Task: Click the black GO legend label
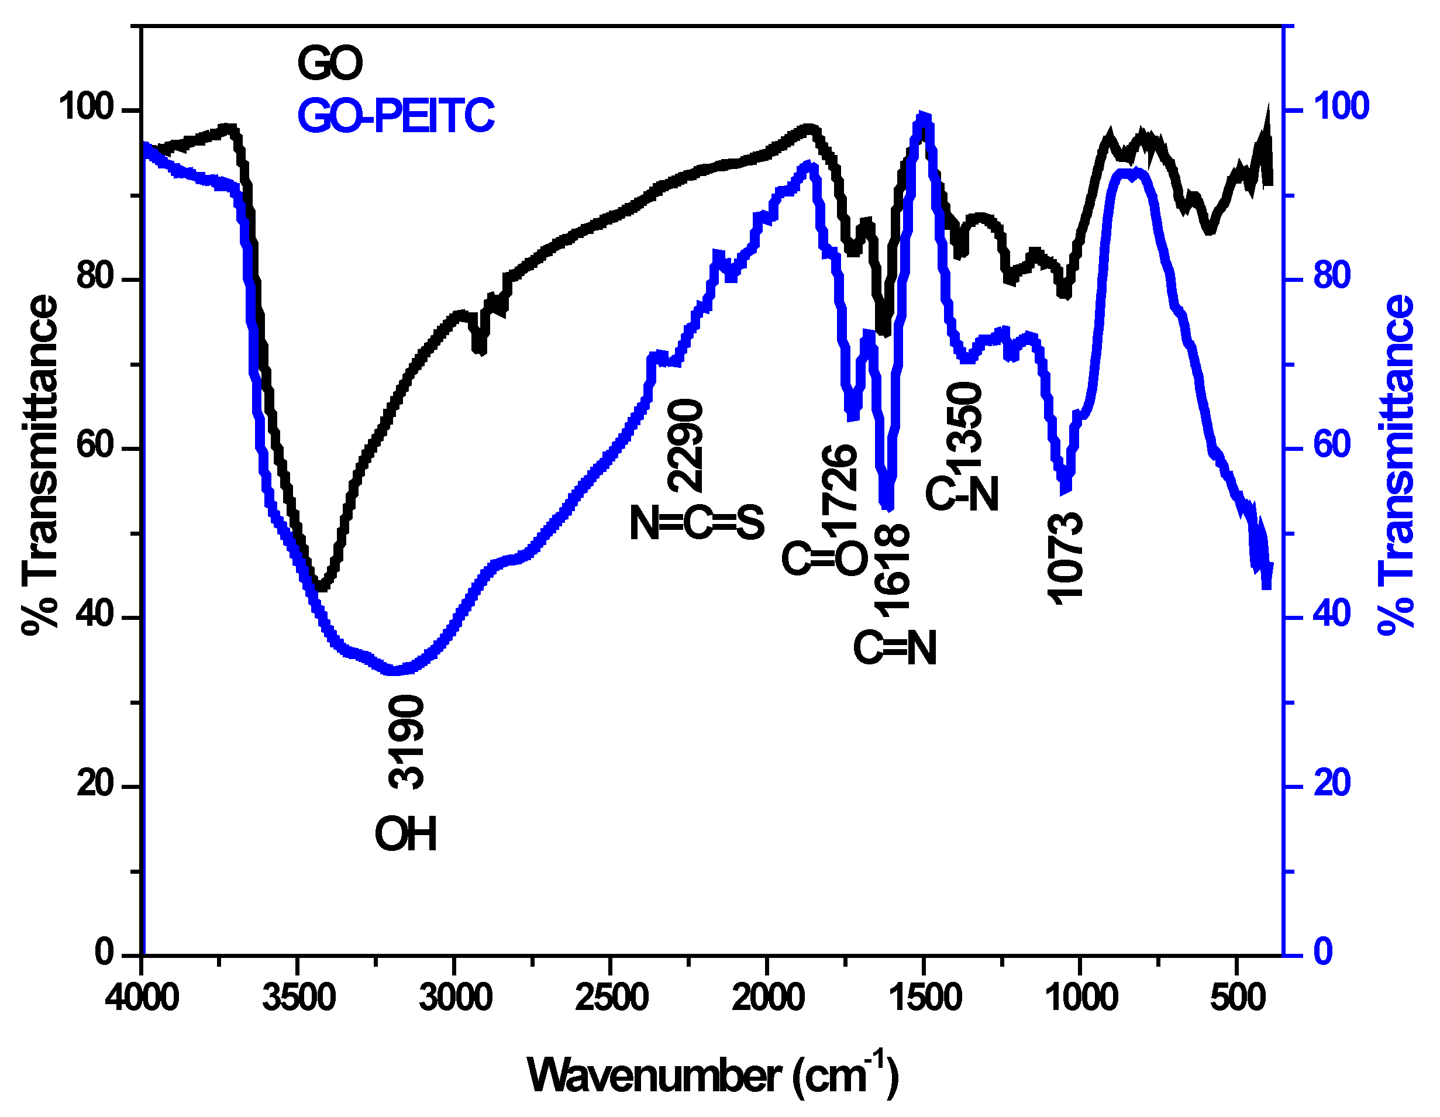pyautogui.click(x=330, y=63)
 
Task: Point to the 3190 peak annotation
pyautogui.click(x=406, y=742)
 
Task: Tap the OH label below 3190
pyautogui.click(x=405, y=834)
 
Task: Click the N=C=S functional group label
pyautogui.click(x=697, y=523)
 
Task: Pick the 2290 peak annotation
pyautogui.click(x=685, y=446)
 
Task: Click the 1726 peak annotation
pyautogui.click(x=840, y=488)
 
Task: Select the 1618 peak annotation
pyautogui.click(x=892, y=571)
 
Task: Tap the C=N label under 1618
pyautogui.click(x=895, y=648)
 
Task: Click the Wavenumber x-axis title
pyautogui.click(x=712, y=1075)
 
